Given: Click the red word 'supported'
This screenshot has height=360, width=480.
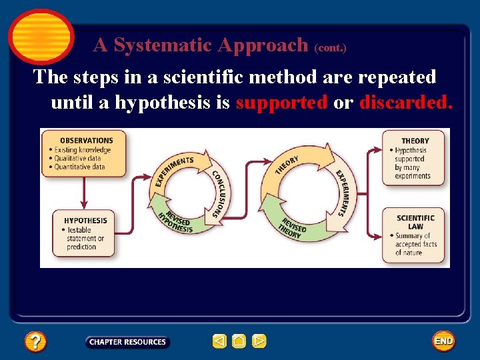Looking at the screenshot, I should click(281, 103).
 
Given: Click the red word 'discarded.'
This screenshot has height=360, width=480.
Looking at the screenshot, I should click(405, 103).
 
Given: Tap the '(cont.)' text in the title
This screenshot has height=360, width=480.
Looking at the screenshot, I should click(330, 48).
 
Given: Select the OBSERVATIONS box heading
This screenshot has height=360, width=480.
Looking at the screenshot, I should click(86, 140).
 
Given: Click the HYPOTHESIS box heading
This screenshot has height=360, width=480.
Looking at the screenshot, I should click(85, 221).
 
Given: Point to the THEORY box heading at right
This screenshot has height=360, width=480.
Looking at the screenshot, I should click(415, 141).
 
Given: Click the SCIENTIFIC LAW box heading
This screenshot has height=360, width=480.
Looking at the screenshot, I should click(415, 222).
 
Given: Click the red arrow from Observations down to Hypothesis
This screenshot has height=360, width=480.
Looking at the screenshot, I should click(83, 193).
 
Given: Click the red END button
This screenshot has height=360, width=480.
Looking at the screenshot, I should click(443, 341).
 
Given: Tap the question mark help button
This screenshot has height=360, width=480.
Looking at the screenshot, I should click(35, 342).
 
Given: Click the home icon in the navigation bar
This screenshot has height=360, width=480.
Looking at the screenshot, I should click(239, 341).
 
